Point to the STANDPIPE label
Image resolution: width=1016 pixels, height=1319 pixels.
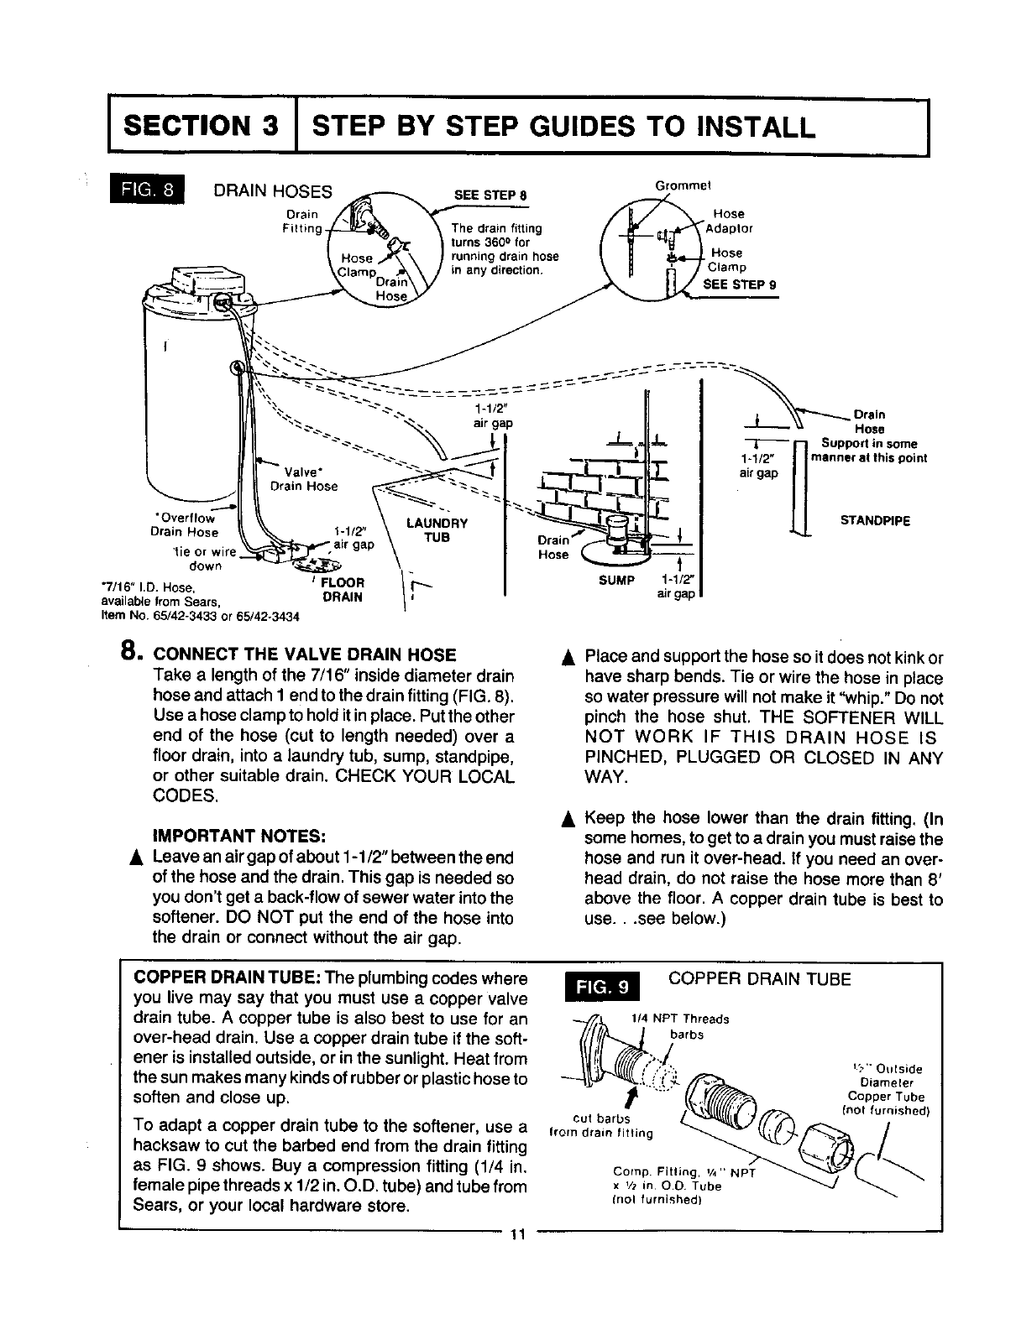(x=873, y=520)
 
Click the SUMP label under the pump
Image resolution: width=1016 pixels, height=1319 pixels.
(x=615, y=579)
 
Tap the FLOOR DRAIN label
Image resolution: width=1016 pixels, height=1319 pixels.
(x=343, y=590)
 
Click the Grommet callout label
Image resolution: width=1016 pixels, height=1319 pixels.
(x=688, y=185)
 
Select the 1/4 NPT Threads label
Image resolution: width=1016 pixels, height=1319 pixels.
(x=679, y=1019)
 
